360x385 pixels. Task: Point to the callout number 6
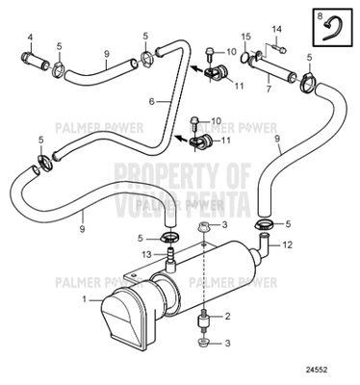(x=151, y=101)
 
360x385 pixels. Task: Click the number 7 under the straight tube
(x=268, y=90)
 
